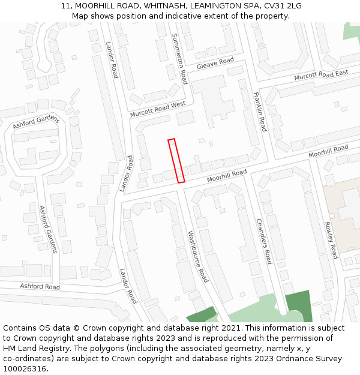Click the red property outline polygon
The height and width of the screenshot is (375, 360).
[176, 161]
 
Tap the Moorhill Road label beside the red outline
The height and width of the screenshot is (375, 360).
[227, 176]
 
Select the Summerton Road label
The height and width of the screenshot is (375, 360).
[179, 59]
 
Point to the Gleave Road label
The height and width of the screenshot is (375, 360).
[215, 63]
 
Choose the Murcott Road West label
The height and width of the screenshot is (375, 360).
[158, 109]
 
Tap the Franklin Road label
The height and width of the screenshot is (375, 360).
[259, 112]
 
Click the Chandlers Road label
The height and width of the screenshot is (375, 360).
[264, 241]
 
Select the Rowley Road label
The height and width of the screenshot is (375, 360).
[332, 240]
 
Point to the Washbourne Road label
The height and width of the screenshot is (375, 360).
[197, 257]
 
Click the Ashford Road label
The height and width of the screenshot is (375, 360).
[40, 287]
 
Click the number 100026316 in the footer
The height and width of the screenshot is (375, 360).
[25, 369]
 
